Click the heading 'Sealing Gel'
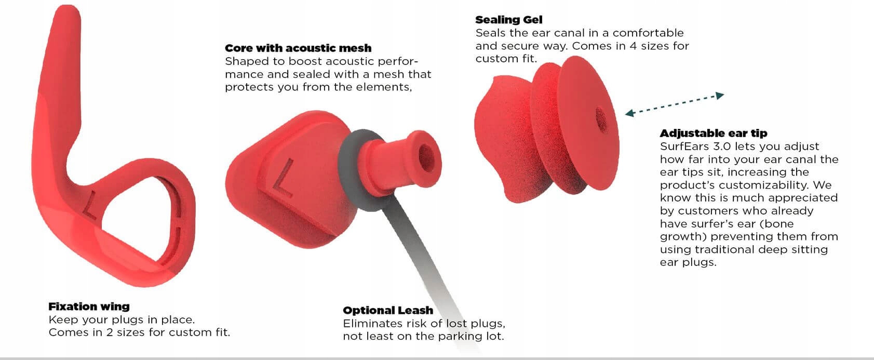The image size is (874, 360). (509, 20)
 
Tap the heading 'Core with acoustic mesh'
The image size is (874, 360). (298, 48)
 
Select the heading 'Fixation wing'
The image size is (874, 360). (89, 306)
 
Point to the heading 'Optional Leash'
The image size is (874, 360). (388, 311)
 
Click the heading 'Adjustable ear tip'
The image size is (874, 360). (714, 133)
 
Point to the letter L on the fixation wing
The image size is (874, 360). (90, 205)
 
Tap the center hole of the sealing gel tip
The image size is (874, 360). (601, 119)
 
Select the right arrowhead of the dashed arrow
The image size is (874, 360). (720, 95)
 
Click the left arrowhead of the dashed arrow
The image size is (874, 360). (629, 113)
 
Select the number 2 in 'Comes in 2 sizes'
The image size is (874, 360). (110, 332)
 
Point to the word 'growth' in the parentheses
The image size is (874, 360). (683, 237)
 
